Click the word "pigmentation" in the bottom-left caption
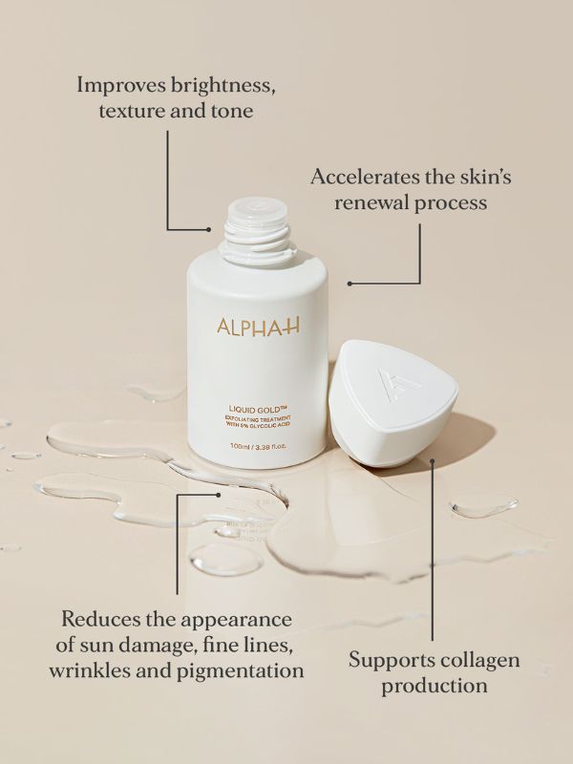click(242, 670)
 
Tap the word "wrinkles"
click(88, 670)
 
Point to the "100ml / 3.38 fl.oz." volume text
click(257, 446)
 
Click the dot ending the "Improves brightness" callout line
click(209, 229)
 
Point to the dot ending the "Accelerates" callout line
click(350, 284)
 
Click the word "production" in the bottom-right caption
click(435, 686)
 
